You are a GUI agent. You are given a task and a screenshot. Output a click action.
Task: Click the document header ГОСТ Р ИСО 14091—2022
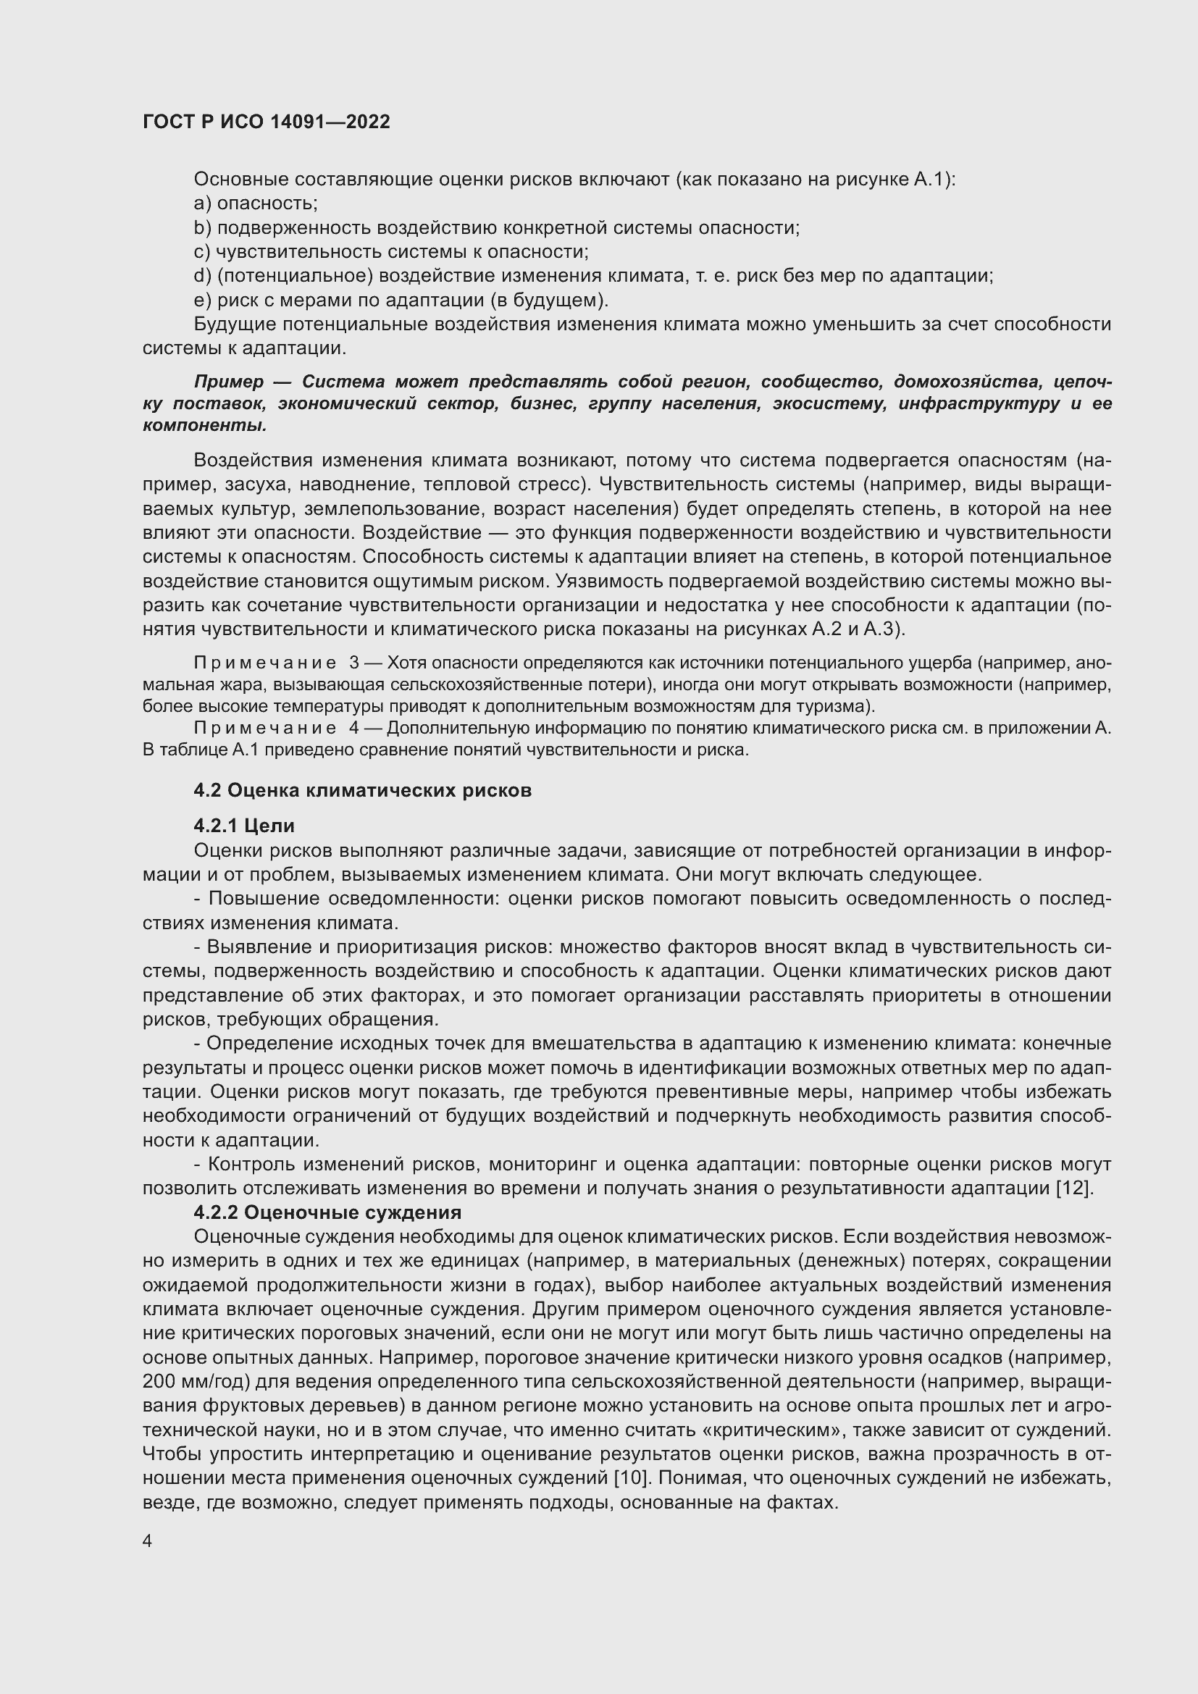[x=266, y=122]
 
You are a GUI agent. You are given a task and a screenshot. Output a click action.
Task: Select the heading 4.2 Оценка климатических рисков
[x=362, y=790]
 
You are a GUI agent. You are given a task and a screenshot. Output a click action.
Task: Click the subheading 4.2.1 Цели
[x=244, y=825]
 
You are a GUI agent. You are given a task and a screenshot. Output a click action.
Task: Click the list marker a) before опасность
[x=202, y=204]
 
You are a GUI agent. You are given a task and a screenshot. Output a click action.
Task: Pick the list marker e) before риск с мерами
[x=202, y=301]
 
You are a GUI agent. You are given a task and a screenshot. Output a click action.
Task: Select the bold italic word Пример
[x=228, y=382]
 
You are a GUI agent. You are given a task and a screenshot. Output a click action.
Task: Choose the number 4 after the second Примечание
[x=354, y=728]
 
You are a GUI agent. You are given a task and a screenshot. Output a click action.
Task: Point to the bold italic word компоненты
[x=204, y=426]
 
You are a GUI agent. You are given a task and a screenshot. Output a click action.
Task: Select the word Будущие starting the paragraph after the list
[x=234, y=324]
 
